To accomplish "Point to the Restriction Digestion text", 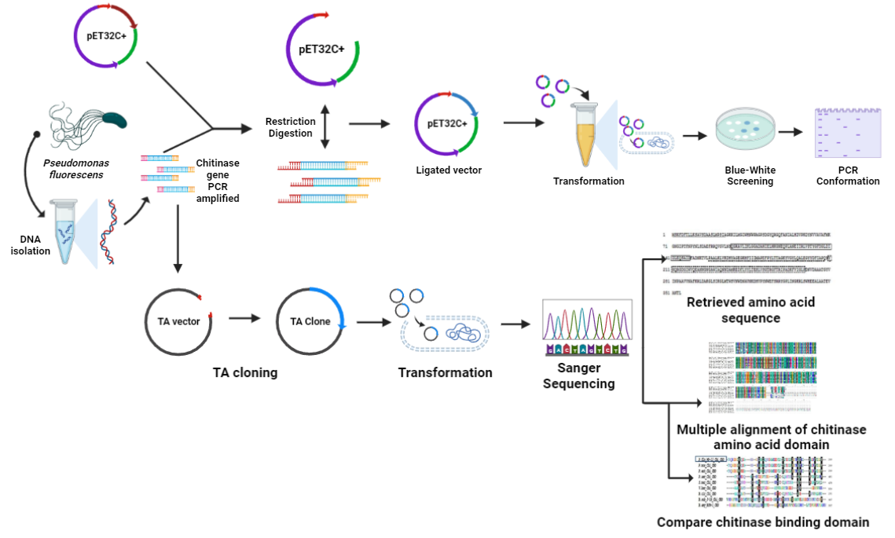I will (291, 127).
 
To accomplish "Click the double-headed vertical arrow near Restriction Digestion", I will (325, 126).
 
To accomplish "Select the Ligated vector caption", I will (449, 170).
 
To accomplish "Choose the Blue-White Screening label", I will (749, 175).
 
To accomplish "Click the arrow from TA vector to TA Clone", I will (244, 320).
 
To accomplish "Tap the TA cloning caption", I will (245, 372).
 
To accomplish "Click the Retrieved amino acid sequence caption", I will (750, 310).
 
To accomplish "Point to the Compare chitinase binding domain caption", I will (762, 522).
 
